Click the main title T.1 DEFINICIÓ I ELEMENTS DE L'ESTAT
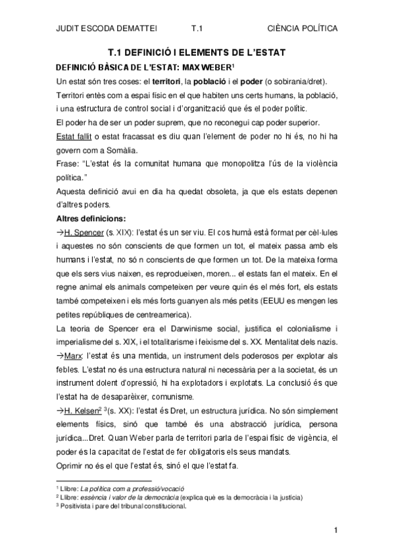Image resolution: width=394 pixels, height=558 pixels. click(x=197, y=53)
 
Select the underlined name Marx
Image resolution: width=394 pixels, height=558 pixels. click(x=73, y=356)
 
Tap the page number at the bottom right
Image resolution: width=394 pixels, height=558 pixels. click(x=335, y=530)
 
